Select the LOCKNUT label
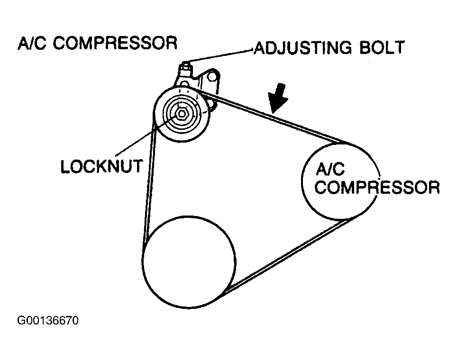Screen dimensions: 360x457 (x=101, y=166)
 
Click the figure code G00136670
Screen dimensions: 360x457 (x=48, y=321)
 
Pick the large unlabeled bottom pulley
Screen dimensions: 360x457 (x=189, y=261)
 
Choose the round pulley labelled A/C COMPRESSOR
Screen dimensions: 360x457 (x=340, y=181)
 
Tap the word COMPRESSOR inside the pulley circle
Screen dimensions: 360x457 (x=377, y=187)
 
